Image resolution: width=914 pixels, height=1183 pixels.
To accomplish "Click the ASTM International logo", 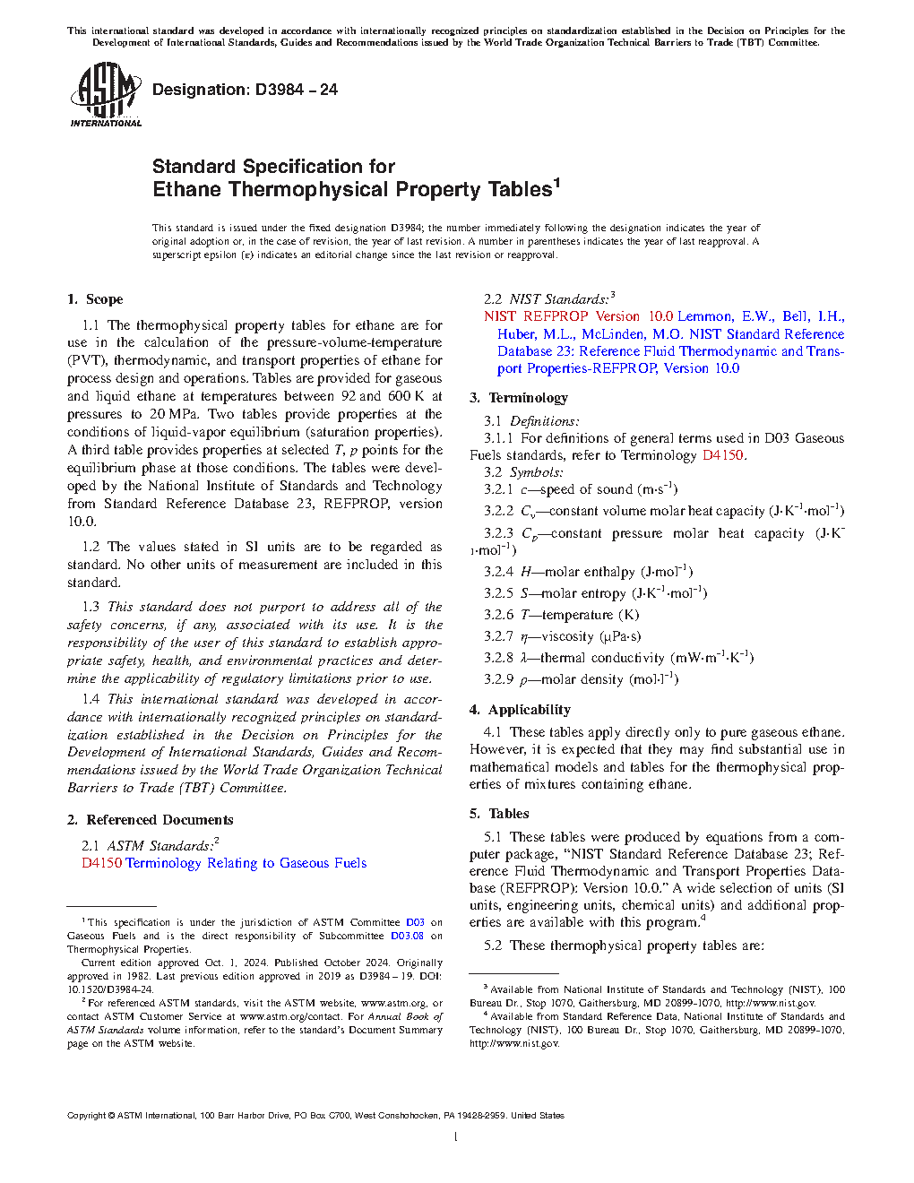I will click(105, 95).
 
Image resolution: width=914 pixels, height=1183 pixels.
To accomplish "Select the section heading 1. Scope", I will click(95, 299).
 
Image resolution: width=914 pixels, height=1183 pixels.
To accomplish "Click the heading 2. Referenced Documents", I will click(151, 820).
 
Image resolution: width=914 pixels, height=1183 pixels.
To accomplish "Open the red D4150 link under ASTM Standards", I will click(101, 863).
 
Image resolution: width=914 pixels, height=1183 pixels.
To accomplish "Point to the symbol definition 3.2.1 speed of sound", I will click(581, 489).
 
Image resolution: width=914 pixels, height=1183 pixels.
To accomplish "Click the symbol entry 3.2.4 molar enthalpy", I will click(589, 572).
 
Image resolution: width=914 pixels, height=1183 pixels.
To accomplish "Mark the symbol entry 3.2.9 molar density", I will click(582, 679).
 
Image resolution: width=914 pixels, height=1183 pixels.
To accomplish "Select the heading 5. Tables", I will click(499, 814).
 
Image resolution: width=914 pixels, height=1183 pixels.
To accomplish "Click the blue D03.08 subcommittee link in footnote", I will click(407, 936).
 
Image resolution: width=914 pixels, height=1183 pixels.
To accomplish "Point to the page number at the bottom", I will click(456, 1137).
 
